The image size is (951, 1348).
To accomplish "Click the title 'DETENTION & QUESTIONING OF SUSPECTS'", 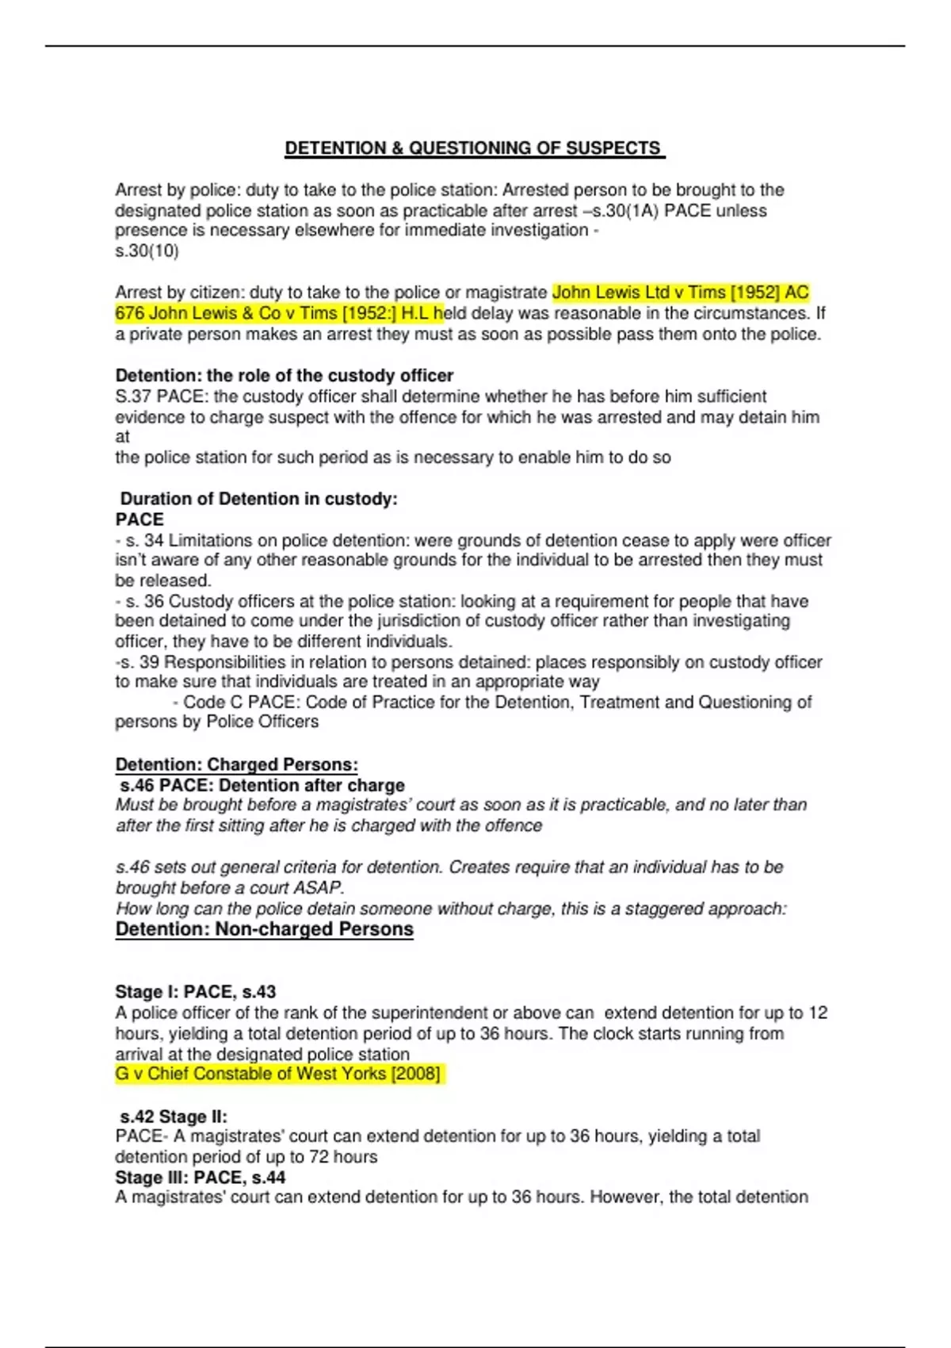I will pyautogui.click(x=474, y=148).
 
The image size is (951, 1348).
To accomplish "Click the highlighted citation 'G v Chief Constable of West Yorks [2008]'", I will pyautogui.click(x=277, y=1074).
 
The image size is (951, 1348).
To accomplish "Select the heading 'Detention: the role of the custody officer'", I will pyautogui.click(x=284, y=375).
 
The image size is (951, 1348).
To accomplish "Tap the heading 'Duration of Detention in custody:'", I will pyautogui.click(x=258, y=499).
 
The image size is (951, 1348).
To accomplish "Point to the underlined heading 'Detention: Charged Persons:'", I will pyautogui.click(x=236, y=764).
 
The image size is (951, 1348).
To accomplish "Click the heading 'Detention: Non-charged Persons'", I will pyautogui.click(x=264, y=929).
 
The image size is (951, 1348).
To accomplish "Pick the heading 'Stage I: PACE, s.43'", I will pyautogui.click(x=195, y=992).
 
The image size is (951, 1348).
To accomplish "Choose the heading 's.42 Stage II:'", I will pyautogui.click(x=174, y=1116).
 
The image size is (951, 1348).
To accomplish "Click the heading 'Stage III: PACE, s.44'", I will pyautogui.click(x=200, y=1178).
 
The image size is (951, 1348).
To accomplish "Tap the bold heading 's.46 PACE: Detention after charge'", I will pyautogui.click(x=262, y=785).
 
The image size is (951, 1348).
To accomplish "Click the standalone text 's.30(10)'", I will pyautogui.click(x=147, y=251).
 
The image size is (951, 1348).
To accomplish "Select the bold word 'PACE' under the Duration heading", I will pyautogui.click(x=139, y=519).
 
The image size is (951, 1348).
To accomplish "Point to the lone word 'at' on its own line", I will pyautogui.click(x=122, y=437).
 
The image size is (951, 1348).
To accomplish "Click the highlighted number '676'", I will pyautogui.click(x=129, y=313).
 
